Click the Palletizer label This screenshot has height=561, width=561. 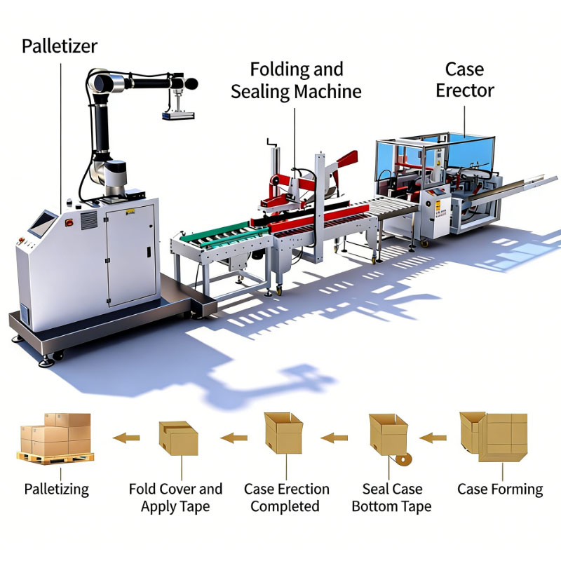tap(60, 46)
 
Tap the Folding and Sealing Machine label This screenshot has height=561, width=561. tap(296, 81)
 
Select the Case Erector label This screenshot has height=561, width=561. tap(465, 80)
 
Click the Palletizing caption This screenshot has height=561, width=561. tap(57, 489)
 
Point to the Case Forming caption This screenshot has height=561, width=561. tap(500, 489)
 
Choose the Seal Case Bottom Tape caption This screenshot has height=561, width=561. tap(392, 498)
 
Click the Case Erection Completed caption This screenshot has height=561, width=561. tap(286, 498)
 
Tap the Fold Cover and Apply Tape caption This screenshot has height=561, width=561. tap(175, 498)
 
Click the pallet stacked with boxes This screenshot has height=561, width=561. tap(55, 439)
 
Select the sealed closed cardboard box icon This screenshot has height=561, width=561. tap(179, 438)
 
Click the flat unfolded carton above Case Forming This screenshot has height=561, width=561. tap(494, 437)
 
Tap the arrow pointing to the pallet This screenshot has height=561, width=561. tap(126, 438)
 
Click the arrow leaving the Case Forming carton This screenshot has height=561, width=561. tap(433, 438)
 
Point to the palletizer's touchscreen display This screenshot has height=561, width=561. tap(43, 222)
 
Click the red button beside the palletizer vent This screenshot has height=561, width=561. tap(69, 223)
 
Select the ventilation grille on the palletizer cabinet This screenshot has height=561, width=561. tap(89, 220)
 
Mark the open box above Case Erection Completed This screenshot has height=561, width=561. tap(284, 433)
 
